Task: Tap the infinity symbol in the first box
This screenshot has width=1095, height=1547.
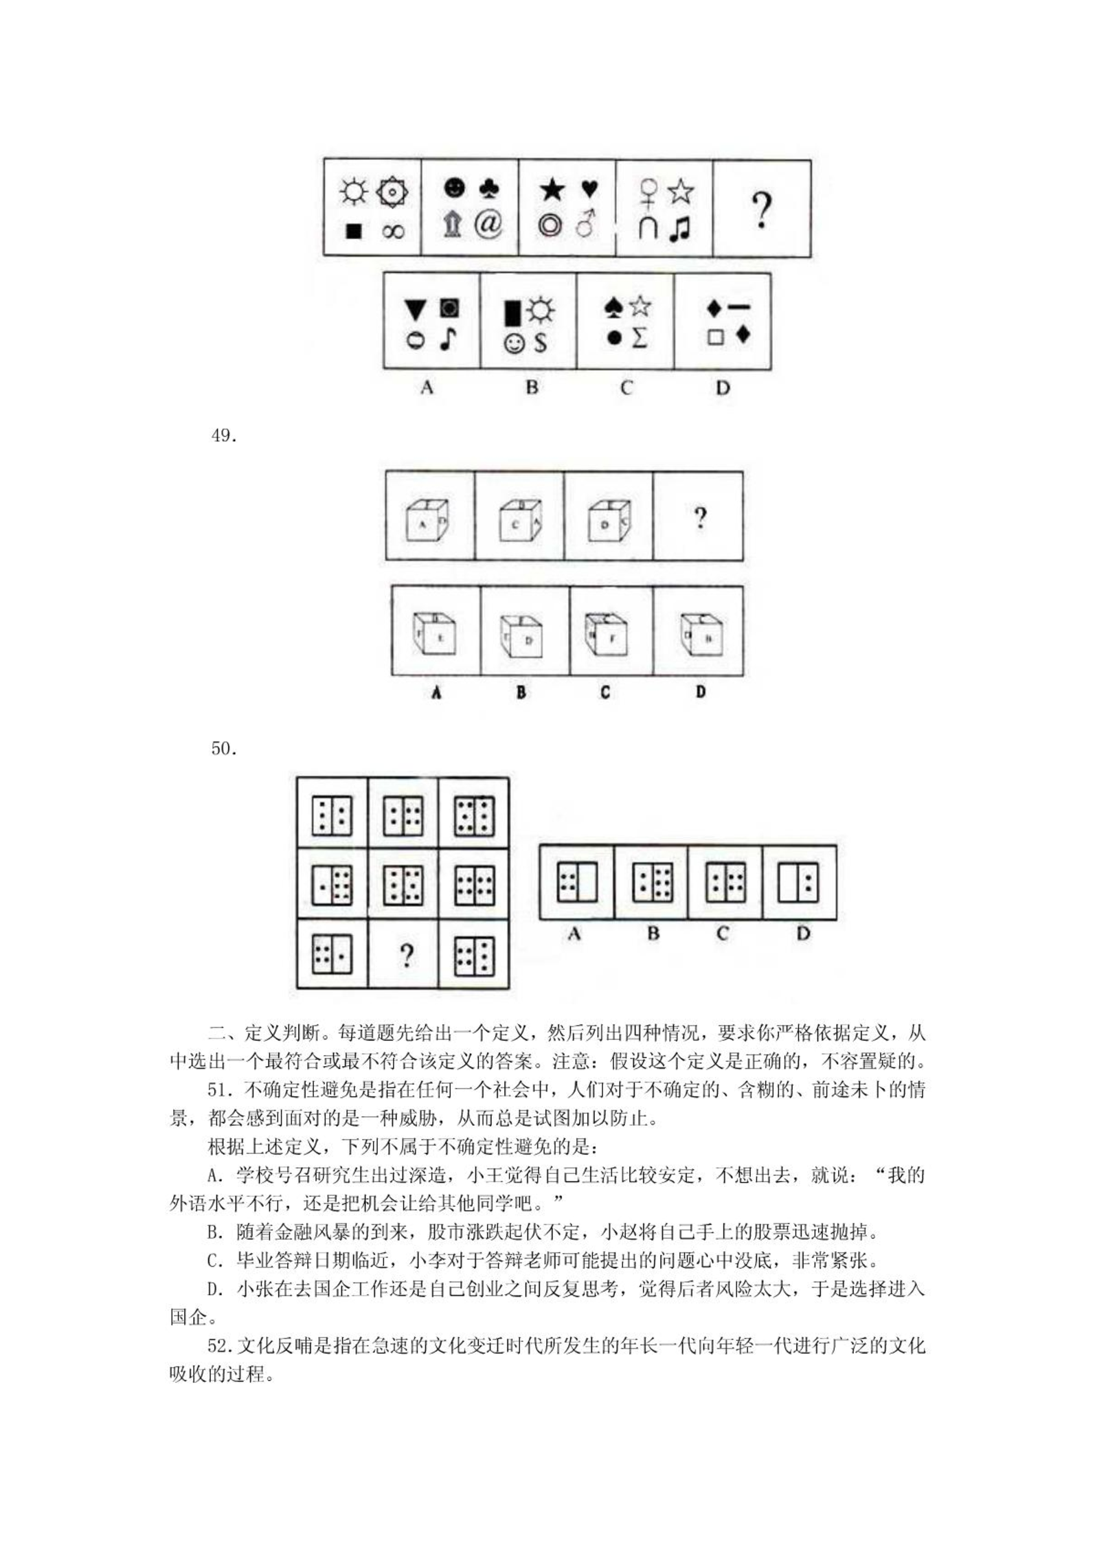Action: (x=394, y=232)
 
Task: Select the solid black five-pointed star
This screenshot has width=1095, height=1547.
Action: (x=552, y=190)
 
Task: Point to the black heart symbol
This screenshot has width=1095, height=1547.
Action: (x=589, y=188)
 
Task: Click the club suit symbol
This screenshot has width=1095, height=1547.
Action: (x=489, y=188)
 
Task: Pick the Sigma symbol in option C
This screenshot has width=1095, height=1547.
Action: (x=639, y=337)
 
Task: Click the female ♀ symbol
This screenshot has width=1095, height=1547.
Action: (x=648, y=192)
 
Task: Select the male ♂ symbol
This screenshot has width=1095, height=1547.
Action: (x=585, y=223)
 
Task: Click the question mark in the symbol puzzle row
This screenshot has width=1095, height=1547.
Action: (x=761, y=210)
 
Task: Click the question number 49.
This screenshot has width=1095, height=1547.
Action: (x=224, y=436)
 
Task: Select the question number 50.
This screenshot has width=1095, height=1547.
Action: (x=224, y=748)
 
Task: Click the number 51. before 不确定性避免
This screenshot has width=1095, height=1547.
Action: (x=222, y=1089)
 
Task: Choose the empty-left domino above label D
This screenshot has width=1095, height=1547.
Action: (x=798, y=882)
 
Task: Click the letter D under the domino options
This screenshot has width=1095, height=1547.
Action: (x=803, y=934)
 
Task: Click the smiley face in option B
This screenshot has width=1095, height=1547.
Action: (x=514, y=343)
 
